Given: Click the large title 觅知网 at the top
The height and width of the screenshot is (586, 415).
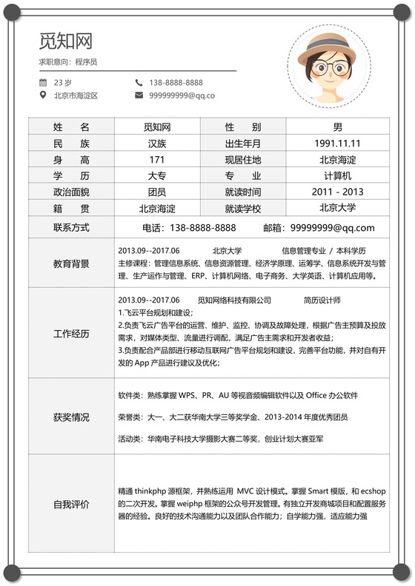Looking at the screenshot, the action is click(x=66, y=41).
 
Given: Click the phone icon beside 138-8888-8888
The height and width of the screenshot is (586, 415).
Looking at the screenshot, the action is click(x=139, y=83).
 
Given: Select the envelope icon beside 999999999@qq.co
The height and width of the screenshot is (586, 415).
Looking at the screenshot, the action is click(x=139, y=95).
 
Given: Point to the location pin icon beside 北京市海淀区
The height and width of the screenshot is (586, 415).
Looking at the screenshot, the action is click(x=44, y=95).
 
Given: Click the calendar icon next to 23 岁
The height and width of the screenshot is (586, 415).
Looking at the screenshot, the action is click(x=44, y=83).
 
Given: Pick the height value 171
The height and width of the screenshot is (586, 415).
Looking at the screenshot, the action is click(x=157, y=160).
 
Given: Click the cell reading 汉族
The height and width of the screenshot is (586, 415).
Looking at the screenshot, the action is click(x=157, y=144).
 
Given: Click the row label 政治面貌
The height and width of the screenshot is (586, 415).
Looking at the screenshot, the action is click(x=71, y=192).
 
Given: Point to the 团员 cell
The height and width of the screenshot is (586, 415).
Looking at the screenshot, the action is click(x=157, y=192).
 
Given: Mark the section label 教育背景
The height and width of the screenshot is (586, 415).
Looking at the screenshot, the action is click(x=71, y=263).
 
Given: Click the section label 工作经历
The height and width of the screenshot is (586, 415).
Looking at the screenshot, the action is click(x=71, y=334).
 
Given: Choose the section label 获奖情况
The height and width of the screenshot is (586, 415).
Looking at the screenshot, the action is click(x=71, y=417).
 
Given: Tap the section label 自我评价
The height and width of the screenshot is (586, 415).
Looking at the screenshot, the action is click(x=71, y=505).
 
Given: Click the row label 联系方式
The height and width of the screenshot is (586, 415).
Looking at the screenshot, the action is click(x=71, y=227).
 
